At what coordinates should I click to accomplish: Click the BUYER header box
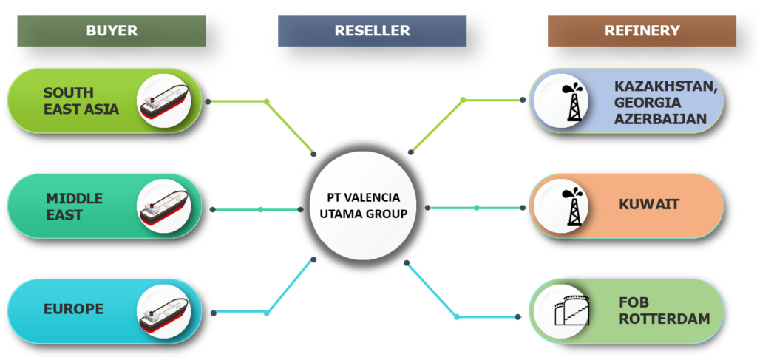click(x=112, y=31)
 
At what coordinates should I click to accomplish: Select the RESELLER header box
click(x=372, y=31)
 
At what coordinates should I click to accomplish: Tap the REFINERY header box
click(x=642, y=31)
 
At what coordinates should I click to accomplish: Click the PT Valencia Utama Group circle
click(x=363, y=206)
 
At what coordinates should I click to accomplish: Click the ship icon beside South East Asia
click(x=164, y=101)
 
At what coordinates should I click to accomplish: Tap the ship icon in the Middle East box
click(x=164, y=206)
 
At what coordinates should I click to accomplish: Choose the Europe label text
click(x=74, y=309)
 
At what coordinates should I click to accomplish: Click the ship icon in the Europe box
click(x=164, y=311)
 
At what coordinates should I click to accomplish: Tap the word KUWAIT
click(x=648, y=204)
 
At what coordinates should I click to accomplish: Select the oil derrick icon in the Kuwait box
click(x=571, y=206)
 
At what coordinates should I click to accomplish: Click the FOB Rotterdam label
click(x=664, y=310)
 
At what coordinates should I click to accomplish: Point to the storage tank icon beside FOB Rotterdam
click(x=571, y=310)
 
